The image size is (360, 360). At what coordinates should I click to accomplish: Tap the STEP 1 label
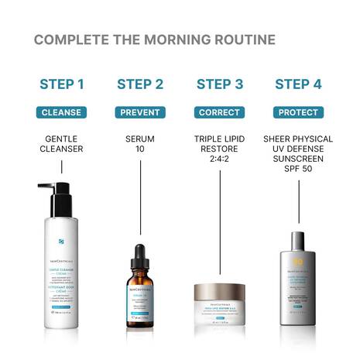coord(61,84)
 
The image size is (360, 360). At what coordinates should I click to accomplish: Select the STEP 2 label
coord(140,84)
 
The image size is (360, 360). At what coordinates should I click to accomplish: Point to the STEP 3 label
coord(220,84)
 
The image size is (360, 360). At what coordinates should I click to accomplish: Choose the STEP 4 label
coord(299,84)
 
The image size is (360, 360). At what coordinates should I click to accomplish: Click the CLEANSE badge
coord(61,112)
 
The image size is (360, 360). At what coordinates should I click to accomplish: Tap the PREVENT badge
coord(140,112)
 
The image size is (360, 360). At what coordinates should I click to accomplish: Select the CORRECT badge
coord(219,112)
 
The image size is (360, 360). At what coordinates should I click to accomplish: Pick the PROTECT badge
coord(299,112)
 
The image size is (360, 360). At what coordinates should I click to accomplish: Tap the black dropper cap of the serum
coord(140,254)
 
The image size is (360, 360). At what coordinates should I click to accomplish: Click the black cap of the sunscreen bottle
coord(299,238)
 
